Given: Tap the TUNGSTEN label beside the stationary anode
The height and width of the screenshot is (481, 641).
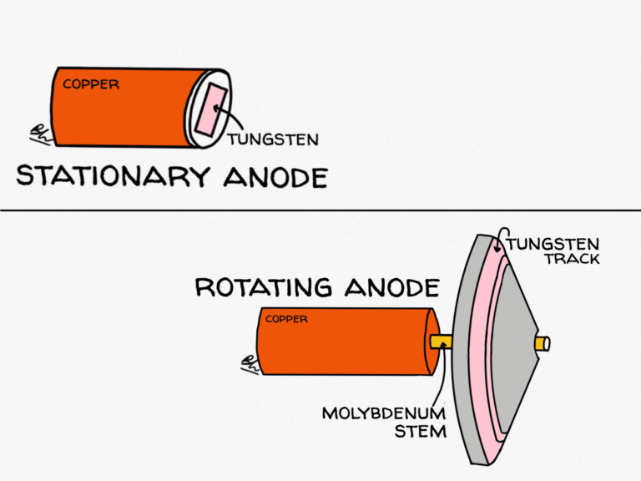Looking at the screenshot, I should [274, 139].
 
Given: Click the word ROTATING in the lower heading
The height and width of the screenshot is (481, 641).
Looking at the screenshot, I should [255, 288].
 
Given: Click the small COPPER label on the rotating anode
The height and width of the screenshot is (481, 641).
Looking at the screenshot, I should [286, 319].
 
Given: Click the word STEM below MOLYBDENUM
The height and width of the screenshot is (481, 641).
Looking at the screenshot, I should [421, 432].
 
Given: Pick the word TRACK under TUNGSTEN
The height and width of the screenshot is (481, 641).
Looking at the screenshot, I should [572, 259].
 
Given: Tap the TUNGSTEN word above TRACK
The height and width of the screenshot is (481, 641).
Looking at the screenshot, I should [552, 243].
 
